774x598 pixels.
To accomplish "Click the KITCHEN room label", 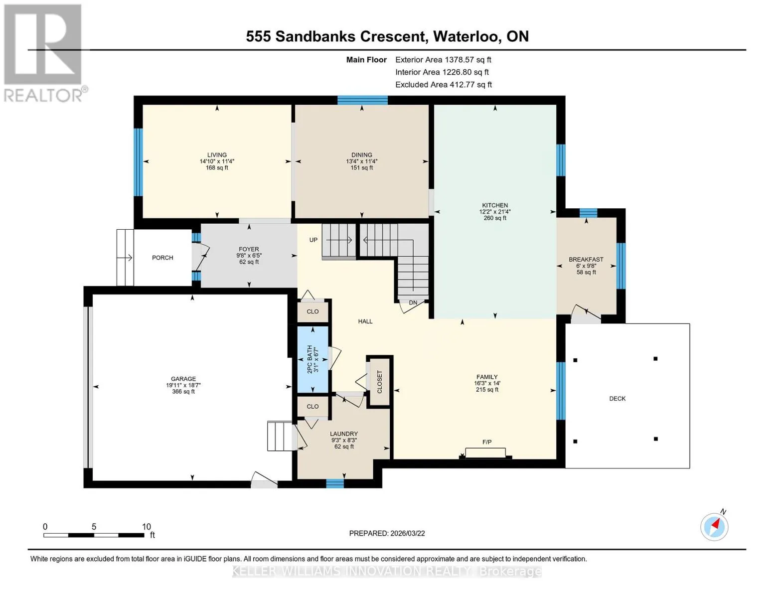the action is click(495, 205).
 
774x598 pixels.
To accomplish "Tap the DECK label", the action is click(618, 399).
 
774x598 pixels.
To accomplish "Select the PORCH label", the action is click(162, 258).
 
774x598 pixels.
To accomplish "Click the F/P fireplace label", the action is click(487, 442).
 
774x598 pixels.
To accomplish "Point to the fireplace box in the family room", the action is click(485, 452).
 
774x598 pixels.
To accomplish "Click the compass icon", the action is click(714, 527).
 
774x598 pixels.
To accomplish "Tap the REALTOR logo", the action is click(43, 53).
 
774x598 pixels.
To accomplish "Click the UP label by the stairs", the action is click(313, 240).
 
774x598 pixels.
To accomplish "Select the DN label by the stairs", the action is click(413, 302).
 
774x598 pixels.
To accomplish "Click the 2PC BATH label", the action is click(310, 359).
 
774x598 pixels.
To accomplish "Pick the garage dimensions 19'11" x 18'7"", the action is click(183, 385).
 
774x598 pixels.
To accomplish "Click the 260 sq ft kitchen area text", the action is click(495, 218).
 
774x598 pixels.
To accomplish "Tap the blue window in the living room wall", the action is click(138, 162).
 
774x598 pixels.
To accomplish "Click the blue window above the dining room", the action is click(362, 100).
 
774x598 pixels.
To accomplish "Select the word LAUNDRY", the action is click(344, 434).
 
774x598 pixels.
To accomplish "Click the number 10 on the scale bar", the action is click(147, 526).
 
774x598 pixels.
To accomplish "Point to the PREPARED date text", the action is click(387, 533).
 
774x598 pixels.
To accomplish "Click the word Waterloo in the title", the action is click(465, 36).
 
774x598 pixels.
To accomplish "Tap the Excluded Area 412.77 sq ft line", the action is click(444, 84).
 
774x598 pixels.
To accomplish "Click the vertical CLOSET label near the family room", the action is click(379, 382).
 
